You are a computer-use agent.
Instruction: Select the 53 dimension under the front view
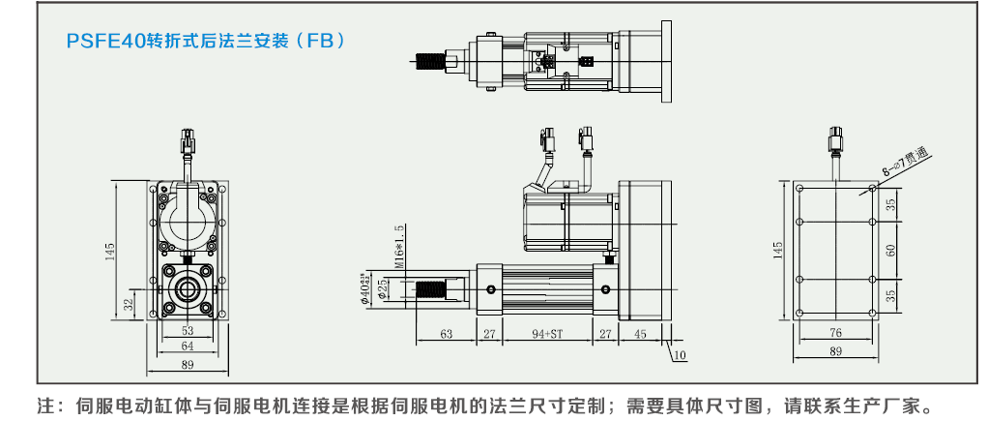tap(188, 330)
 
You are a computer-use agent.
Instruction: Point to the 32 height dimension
tap(129, 304)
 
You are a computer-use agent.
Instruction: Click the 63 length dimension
tap(446, 334)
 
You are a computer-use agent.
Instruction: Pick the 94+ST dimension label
tap(547, 334)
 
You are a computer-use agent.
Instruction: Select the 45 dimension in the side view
tap(641, 334)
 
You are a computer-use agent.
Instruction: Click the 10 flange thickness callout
tap(680, 355)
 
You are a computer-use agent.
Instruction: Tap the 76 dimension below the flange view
tap(835, 333)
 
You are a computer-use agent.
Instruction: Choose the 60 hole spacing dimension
tap(890, 250)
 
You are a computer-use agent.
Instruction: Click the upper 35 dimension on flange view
tap(890, 203)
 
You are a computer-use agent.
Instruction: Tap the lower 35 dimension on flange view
tap(890, 295)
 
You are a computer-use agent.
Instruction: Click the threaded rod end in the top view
tap(426, 63)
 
